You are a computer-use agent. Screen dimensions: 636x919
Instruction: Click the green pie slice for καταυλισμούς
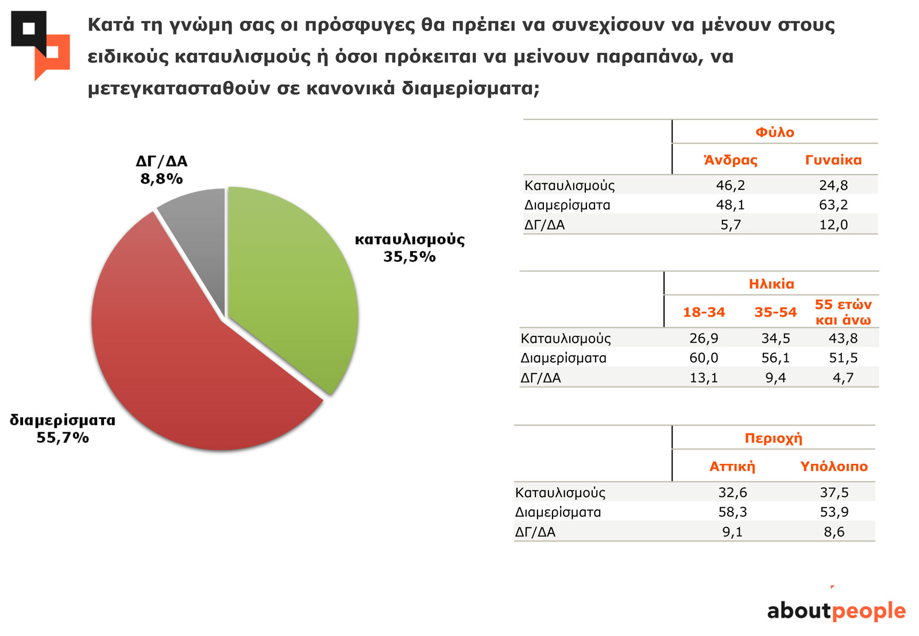(x=293, y=287)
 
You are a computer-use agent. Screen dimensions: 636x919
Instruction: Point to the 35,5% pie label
(x=410, y=257)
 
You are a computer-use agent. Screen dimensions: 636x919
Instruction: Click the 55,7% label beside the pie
(x=63, y=438)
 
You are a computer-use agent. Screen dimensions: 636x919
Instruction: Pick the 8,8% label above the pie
(x=161, y=179)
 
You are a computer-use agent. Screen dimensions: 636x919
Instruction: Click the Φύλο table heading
(x=774, y=133)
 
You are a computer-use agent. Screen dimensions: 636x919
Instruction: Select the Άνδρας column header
(x=731, y=160)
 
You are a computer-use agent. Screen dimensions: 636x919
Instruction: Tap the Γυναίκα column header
(x=833, y=160)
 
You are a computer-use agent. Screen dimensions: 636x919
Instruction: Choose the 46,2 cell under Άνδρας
(x=731, y=185)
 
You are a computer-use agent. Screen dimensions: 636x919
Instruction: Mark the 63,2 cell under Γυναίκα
(x=833, y=205)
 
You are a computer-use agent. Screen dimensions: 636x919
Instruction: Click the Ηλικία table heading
(x=771, y=284)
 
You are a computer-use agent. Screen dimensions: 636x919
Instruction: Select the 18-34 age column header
(x=704, y=312)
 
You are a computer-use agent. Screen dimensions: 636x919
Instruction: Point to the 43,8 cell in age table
(x=843, y=338)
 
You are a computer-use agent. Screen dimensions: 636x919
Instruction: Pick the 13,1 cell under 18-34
(x=704, y=378)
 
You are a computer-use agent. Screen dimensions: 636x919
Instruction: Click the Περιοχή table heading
(x=773, y=439)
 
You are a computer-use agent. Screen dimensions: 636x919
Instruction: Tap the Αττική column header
(x=732, y=467)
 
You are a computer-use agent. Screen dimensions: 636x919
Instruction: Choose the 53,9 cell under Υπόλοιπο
(x=834, y=512)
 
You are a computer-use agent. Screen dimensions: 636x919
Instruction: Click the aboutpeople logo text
(x=836, y=611)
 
